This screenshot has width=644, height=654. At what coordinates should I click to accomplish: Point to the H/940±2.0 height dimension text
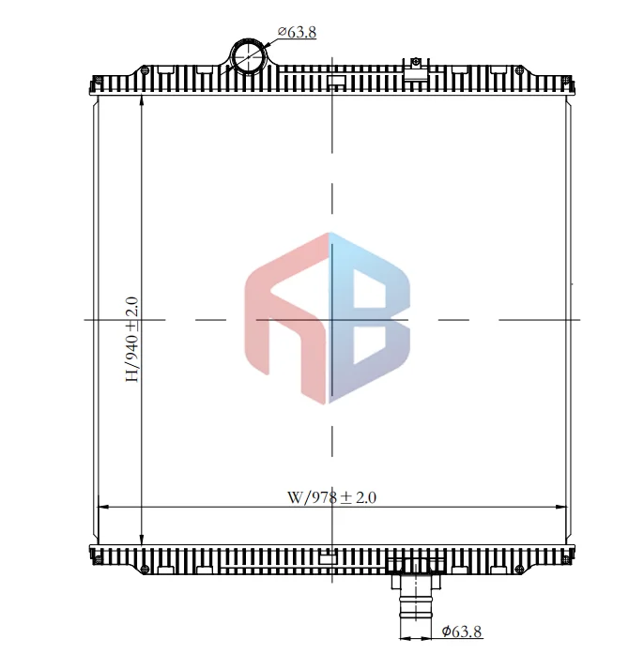(132, 339)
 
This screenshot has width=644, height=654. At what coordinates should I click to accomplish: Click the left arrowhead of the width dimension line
(104, 508)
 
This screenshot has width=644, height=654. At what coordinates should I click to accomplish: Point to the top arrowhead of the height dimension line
(141, 99)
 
